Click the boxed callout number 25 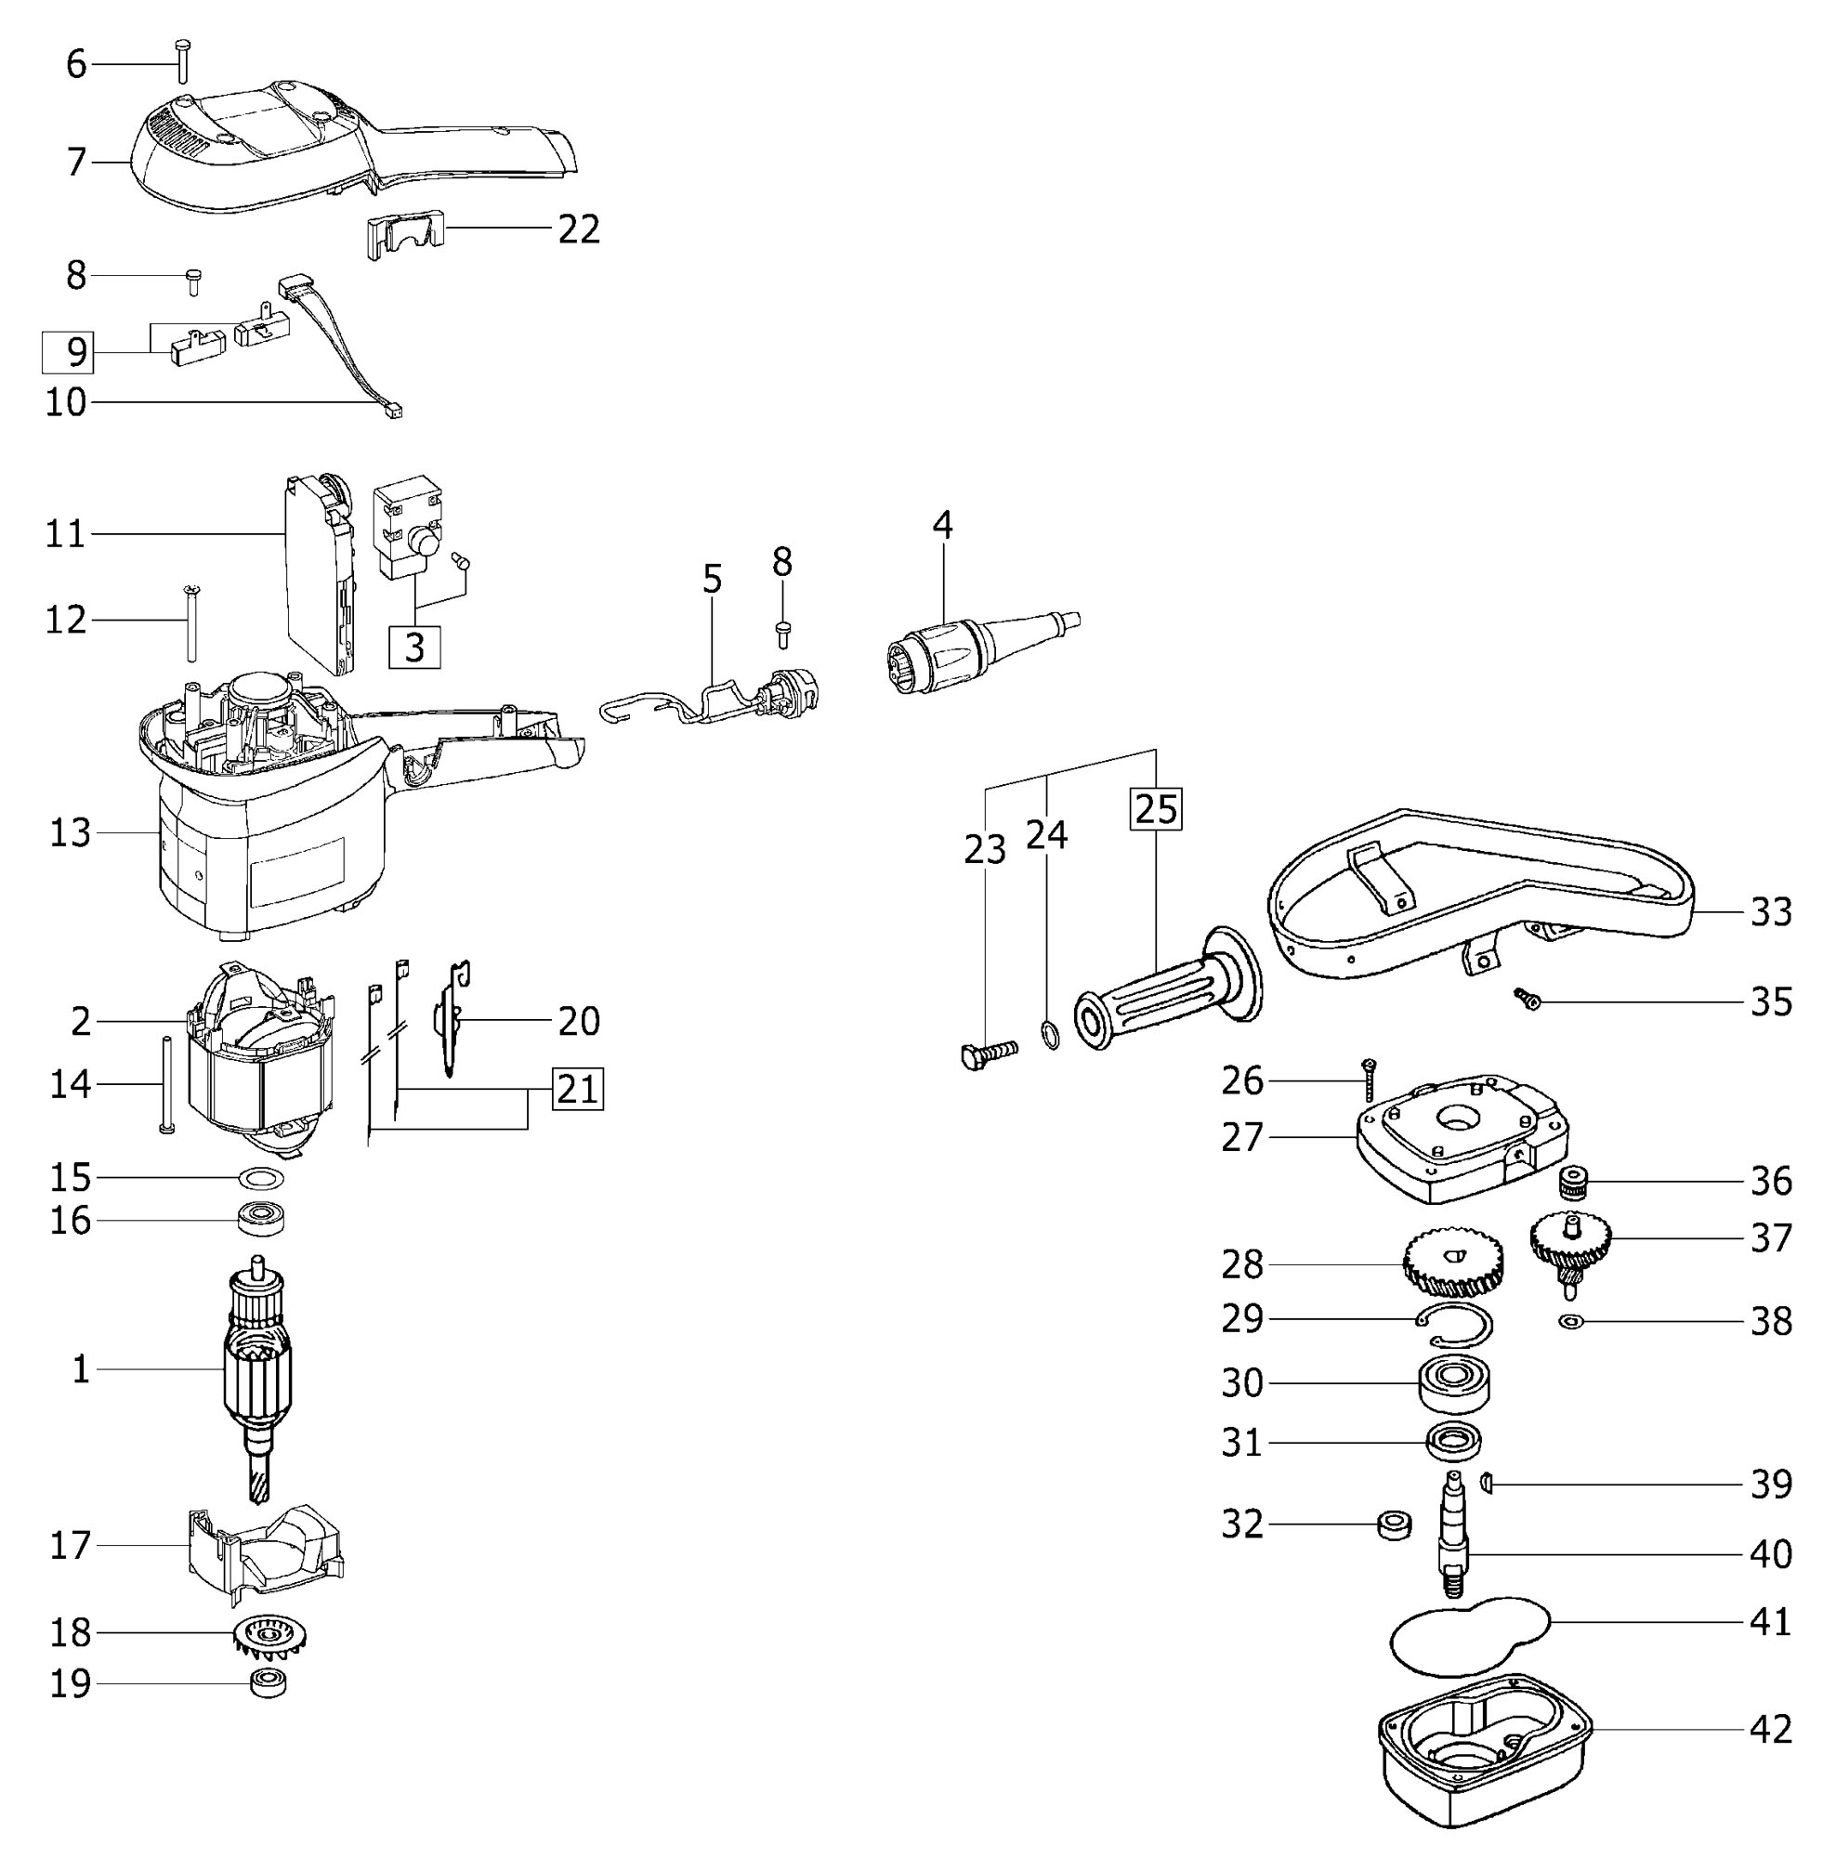1155,809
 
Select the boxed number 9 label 67,352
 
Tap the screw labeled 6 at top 183,60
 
